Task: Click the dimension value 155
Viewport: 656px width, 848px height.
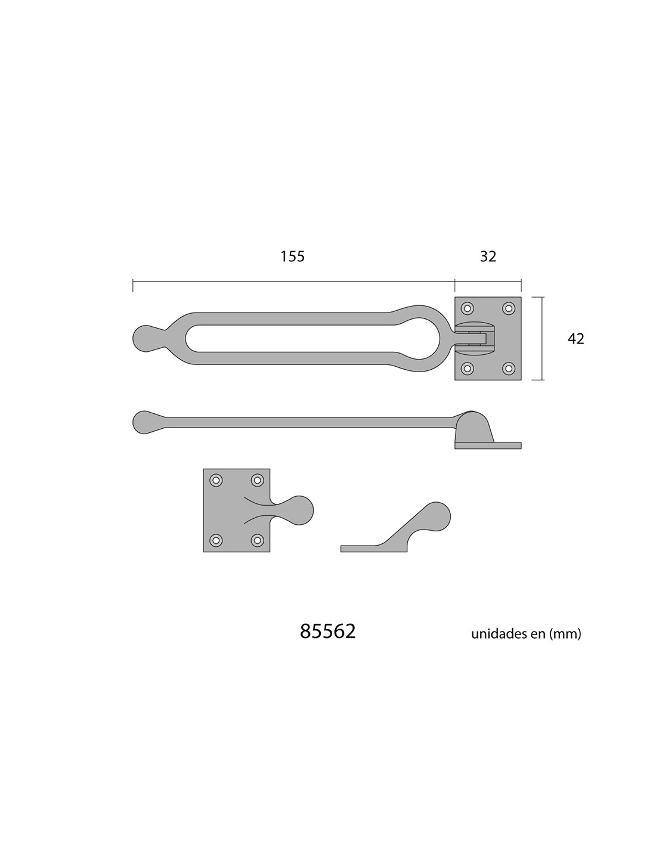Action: click(x=292, y=256)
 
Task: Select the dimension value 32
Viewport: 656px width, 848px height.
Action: click(x=488, y=256)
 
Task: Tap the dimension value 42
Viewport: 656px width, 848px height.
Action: click(x=575, y=339)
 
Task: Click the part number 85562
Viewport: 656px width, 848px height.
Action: click(x=328, y=631)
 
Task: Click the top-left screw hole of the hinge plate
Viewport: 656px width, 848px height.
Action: click(x=467, y=308)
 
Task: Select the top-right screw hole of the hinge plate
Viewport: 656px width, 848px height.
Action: click(x=508, y=308)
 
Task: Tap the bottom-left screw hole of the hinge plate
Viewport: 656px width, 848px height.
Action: click(x=467, y=367)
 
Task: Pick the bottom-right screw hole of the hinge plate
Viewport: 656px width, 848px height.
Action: click(x=508, y=367)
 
